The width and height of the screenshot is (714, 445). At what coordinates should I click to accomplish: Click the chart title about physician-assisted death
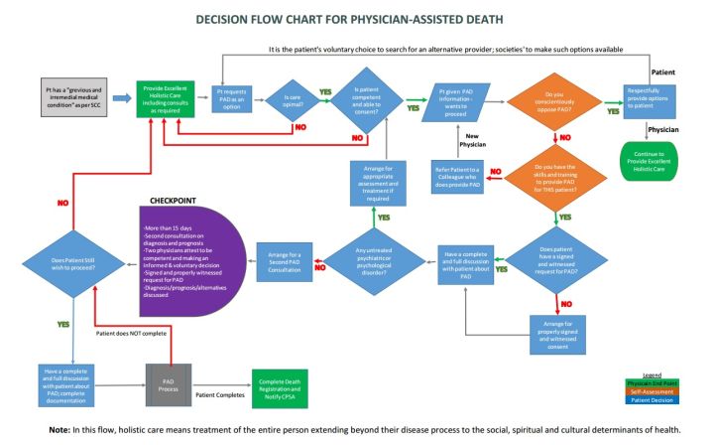(x=356, y=18)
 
